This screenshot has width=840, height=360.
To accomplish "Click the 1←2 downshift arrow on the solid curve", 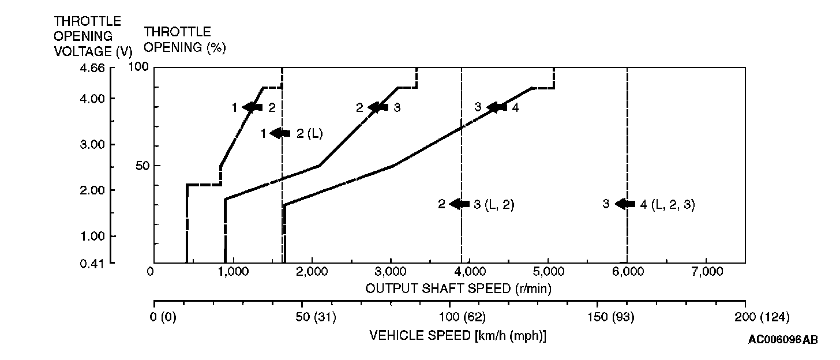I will click(x=253, y=107).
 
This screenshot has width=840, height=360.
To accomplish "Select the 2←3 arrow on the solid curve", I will click(x=378, y=107).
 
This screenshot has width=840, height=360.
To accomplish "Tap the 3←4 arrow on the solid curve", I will click(x=497, y=107).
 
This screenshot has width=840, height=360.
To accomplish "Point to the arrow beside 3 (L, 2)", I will click(x=459, y=204).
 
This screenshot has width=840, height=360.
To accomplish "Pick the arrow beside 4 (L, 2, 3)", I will click(x=625, y=204).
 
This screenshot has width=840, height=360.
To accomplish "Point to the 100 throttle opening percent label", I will click(x=139, y=67).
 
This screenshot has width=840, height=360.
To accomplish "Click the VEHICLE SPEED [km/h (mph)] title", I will click(x=457, y=336).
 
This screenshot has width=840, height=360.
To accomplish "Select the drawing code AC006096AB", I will click(x=783, y=340).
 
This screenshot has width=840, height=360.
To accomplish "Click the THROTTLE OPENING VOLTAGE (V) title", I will click(x=92, y=36).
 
